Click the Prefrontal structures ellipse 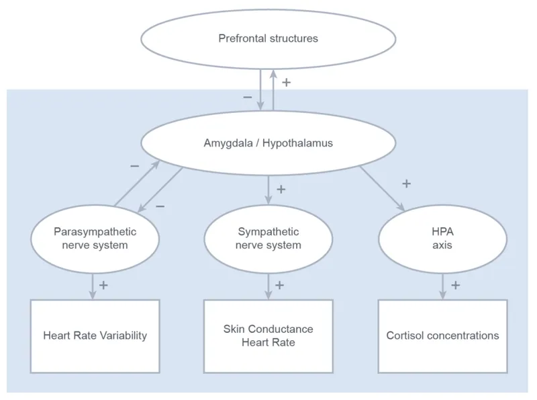point(268,38)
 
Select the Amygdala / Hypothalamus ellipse point(268,143)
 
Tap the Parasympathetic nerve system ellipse point(95,239)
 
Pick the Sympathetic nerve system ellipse point(268,239)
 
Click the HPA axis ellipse point(442,239)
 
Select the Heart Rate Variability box point(95,335)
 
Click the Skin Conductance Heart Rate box point(268,335)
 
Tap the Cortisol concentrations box point(442,335)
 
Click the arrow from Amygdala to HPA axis point(383,189)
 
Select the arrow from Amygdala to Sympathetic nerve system point(268,190)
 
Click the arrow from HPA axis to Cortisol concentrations point(442,286)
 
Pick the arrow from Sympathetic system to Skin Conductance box point(268,286)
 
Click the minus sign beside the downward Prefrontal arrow point(247,97)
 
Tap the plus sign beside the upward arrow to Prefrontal point(287,83)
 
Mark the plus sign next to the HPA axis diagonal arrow point(405,183)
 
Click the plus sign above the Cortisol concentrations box point(455,285)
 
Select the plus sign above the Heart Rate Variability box point(103,285)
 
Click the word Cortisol point(405,335)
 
